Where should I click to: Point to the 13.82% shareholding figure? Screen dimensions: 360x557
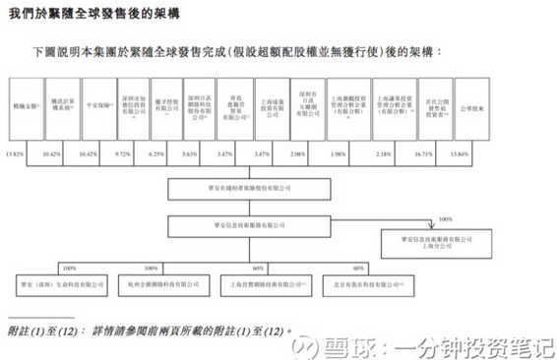[x=14, y=155]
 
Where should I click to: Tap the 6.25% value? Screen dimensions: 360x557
[x=156, y=155]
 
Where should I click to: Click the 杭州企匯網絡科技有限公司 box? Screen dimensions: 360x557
[x=145, y=282]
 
